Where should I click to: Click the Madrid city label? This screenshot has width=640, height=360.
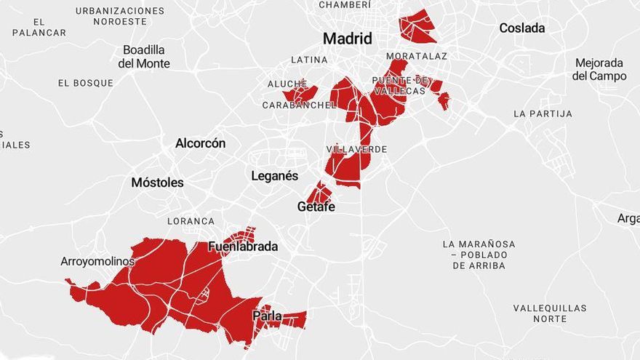click(347, 39)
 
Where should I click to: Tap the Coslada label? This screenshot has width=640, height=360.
click(521, 28)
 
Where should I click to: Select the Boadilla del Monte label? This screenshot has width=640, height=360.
click(144, 57)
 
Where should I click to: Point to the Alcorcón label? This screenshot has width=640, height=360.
click(200, 143)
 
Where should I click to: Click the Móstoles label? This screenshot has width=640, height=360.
click(157, 183)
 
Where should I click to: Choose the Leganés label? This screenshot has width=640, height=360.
click(274, 176)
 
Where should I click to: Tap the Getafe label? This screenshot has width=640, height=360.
click(316, 207)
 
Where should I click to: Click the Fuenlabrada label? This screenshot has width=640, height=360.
click(243, 247)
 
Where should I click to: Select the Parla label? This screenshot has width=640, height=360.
click(267, 316)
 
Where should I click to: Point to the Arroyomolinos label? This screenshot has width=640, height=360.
click(97, 262)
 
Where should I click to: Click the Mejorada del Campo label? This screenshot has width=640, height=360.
click(599, 69)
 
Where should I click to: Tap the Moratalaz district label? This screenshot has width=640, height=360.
click(416, 56)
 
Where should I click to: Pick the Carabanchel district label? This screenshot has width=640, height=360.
click(299, 105)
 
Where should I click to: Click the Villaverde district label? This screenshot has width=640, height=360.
click(356, 149)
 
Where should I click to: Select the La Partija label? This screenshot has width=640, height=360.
click(542, 114)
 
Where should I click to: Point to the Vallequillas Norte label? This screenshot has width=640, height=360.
click(549, 313)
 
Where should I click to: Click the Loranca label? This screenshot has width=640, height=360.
click(191, 221)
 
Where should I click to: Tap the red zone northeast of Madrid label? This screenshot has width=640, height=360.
click(417, 26)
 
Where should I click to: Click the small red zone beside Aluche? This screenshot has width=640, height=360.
click(300, 94)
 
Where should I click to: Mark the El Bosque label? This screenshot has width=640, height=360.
click(86, 83)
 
